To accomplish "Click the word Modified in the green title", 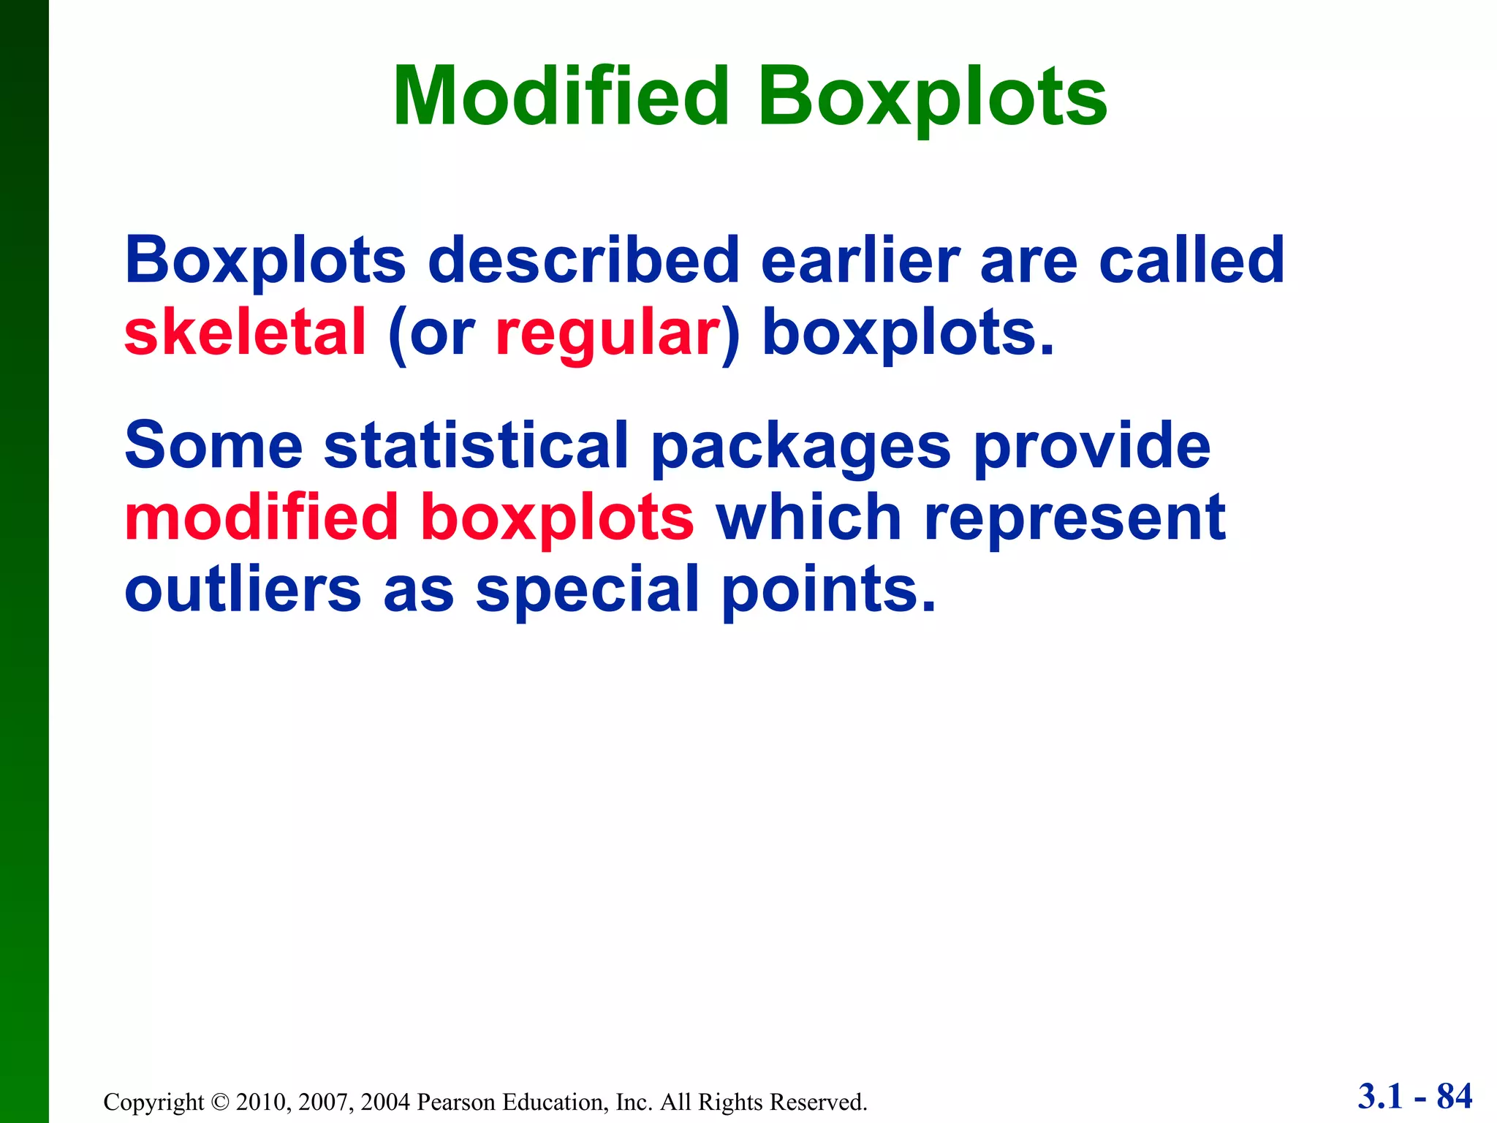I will (561, 97).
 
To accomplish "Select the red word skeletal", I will (245, 333).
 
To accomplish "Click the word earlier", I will (860, 260).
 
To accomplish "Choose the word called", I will (1191, 260).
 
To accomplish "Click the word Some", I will (213, 445).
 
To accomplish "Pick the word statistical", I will (476, 445).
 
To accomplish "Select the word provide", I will (1092, 445).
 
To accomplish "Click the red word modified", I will (261, 518).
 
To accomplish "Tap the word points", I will (828, 591).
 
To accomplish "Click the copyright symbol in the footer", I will (220, 1102).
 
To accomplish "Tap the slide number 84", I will (1454, 1096).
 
